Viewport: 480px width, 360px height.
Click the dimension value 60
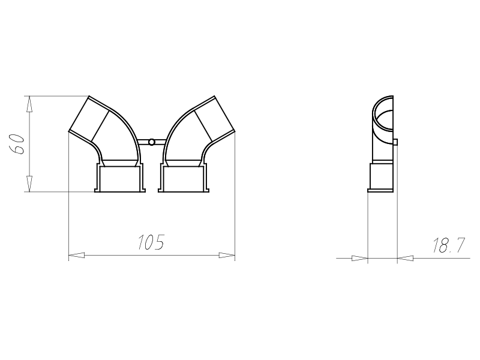(x=17, y=144)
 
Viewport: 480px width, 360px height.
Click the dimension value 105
(x=151, y=242)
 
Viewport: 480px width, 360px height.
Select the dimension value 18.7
(x=448, y=245)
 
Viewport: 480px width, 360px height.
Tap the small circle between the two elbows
(x=151, y=142)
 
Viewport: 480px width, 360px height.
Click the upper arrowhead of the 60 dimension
(x=29, y=104)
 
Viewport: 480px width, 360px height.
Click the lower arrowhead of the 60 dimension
(x=29, y=184)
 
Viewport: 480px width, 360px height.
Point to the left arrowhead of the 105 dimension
(x=77, y=256)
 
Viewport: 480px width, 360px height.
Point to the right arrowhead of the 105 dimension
(x=227, y=256)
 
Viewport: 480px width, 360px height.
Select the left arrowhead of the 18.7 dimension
(x=359, y=259)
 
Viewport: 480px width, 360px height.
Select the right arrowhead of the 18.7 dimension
(x=406, y=259)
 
